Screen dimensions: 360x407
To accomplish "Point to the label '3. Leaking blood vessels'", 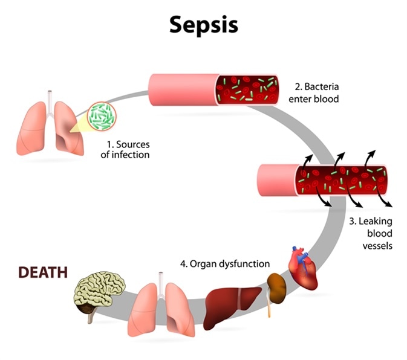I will tap(371, 233).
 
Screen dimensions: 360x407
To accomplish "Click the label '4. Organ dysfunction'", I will tap(224, 264).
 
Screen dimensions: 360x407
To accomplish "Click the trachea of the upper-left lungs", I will tap(50, 98).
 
